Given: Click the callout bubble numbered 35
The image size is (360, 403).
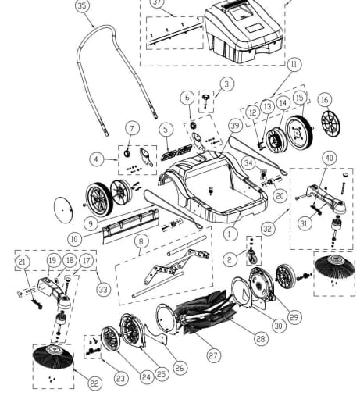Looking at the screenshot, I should click(x=82, y=5).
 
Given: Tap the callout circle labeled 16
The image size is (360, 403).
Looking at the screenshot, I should click(x=324, y=100).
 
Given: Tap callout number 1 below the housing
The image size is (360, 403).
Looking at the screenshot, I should click(x=230, y=233).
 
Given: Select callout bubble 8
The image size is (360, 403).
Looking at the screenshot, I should click(x=141, y=241).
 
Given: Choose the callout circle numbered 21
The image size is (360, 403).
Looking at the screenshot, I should click(x=23, y=260).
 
